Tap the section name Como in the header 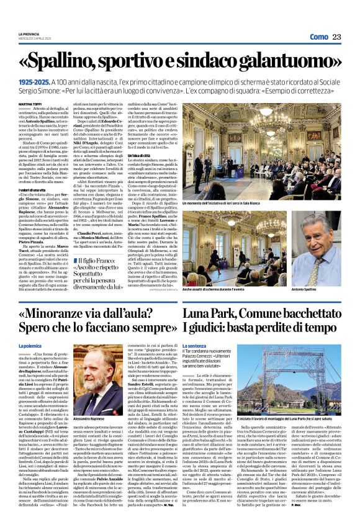pyautogui.click(x=318, y=38)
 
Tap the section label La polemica pyautogui.click(x=30, y=344)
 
